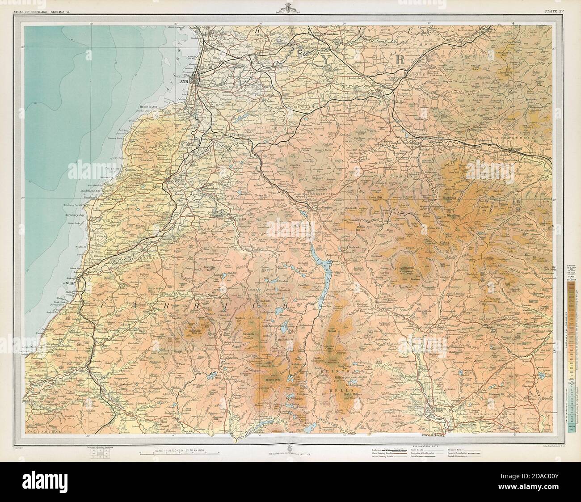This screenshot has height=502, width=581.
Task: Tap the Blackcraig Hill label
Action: [454, 199]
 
